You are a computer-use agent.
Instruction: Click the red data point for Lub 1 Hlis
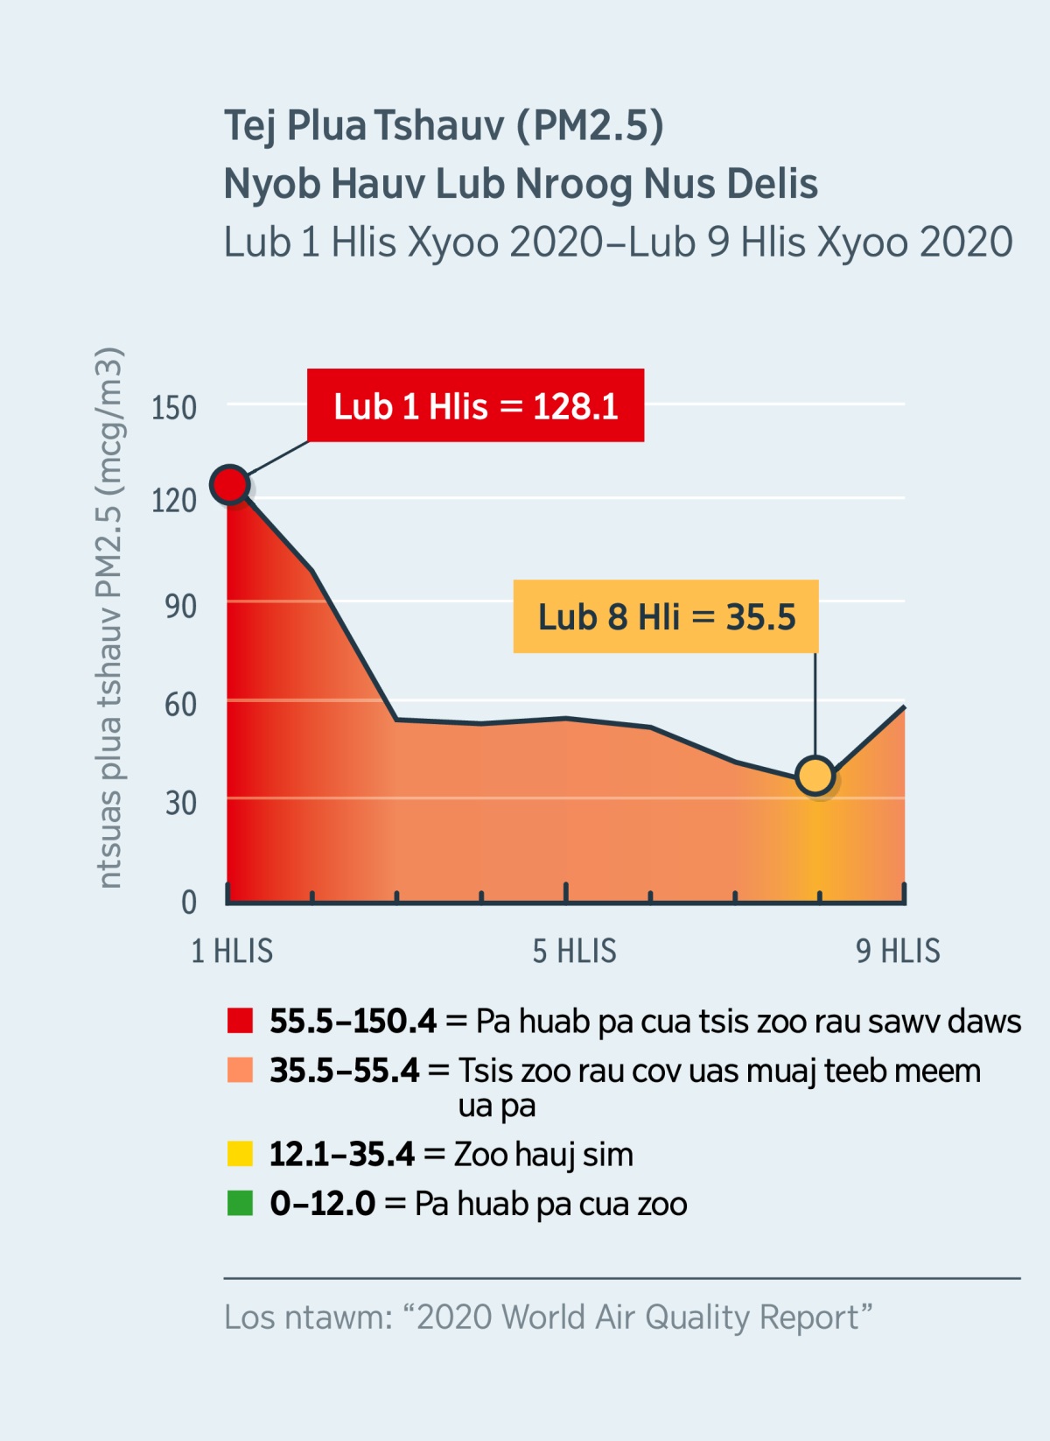(230, 484)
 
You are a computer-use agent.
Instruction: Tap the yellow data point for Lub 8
(815, 776)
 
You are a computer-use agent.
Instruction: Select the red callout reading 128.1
(475, 405)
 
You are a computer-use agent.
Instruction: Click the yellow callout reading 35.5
(666, 616)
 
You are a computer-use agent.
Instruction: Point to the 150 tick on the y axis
(174, 408)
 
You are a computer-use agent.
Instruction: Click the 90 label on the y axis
(180, 606)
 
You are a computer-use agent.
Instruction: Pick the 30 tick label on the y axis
(180, 803)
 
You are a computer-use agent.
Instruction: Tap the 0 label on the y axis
(188, 902)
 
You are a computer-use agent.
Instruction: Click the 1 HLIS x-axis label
(232, 951)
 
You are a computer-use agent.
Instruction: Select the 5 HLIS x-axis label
(574, 951)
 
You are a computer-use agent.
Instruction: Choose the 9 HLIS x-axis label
(898, 951)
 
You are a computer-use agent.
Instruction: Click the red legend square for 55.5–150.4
(240, 1021)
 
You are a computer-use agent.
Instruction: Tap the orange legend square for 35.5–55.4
(240, 1070)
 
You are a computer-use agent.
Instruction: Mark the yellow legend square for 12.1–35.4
(240, 1154)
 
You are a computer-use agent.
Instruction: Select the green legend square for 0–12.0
(240, 1203)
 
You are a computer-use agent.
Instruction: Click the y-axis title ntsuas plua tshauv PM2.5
(109, 618)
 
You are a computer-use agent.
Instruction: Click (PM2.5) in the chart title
(590, 125)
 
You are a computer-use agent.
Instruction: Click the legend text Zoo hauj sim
(542, 1154)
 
